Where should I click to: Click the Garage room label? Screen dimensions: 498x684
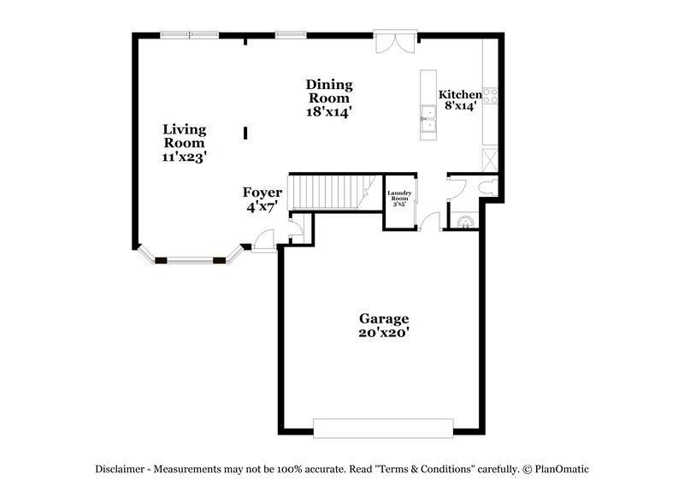383,318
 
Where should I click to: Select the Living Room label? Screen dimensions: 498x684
185,136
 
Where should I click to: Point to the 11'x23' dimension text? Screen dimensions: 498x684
185,157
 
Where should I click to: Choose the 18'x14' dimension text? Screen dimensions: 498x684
329,111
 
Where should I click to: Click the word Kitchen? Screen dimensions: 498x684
459,94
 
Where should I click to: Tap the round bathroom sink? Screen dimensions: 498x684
464,222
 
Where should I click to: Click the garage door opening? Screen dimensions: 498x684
382,427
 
